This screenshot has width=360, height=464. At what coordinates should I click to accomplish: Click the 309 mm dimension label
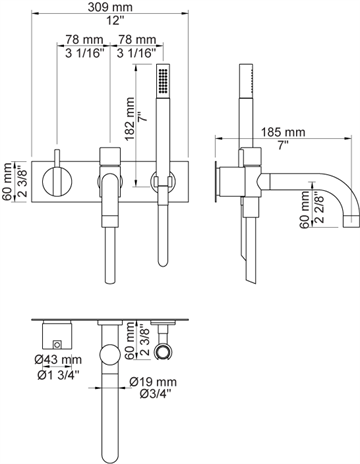coord(110,7)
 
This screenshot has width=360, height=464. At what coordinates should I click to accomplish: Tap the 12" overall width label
coord(115,21)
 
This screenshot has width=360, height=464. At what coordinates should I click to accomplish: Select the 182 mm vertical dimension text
coord(130,119)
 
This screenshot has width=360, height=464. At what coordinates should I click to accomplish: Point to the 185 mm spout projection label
coord(283,132)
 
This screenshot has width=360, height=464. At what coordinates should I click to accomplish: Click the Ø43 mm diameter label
coord(58,360)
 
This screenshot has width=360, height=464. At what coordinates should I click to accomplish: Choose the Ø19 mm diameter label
coord(153,382)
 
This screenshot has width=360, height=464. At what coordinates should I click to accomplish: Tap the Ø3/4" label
coord(156,394)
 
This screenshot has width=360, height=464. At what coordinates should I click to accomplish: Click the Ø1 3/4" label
coord(58,375)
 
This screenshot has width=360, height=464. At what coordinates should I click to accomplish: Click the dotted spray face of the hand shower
coord(163,80)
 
